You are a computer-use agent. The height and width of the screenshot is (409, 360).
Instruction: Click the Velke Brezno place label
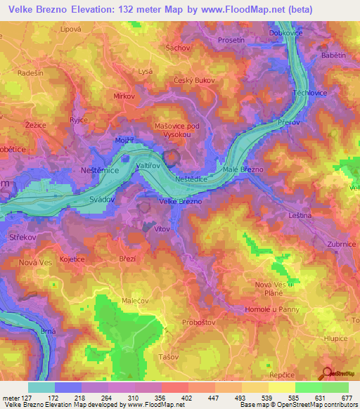click(181, 202)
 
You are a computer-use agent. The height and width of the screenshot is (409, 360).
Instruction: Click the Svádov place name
click(103, 200)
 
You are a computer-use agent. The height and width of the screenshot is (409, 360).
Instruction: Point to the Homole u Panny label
click(271, 309)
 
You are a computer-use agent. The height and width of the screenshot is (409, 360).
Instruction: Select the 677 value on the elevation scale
click(345, 398)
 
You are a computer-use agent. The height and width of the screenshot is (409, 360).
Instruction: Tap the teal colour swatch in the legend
click(41, 387)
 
